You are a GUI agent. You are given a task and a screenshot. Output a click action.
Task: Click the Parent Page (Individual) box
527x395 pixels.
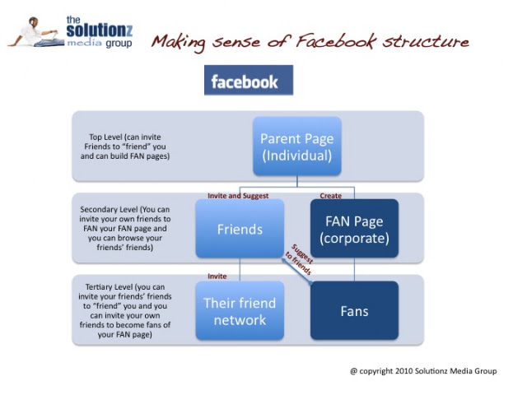pos(297,146)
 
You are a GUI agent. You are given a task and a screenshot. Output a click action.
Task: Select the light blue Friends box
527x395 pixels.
pos(240,229)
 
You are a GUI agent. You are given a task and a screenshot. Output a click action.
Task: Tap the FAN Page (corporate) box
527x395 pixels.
pos(354,229)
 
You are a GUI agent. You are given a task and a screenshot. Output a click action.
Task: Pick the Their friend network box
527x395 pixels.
pos(240,311)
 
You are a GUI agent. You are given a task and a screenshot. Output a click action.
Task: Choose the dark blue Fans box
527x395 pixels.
pos(354,311)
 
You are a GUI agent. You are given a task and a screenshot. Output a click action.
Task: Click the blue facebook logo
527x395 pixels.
pos(249,81)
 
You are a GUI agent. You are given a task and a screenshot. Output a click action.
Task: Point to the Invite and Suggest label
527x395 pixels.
pos(238,196)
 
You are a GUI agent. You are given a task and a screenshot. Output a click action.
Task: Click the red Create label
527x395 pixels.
pos(331,196)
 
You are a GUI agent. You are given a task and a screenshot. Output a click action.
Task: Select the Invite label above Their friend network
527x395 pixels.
pos(217,276)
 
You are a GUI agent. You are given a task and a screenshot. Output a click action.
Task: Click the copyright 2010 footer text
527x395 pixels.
pos(423,371)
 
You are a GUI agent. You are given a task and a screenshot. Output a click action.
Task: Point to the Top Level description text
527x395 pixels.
pos(125,146)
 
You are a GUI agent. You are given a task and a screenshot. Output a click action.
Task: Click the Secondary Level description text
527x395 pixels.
pos(125,229)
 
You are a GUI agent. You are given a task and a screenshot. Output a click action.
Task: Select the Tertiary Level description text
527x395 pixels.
pos(125,311)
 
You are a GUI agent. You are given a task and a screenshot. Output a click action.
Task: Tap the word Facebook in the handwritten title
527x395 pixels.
pos(335,41)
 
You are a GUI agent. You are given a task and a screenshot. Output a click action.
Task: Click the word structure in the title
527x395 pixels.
pos(426,41)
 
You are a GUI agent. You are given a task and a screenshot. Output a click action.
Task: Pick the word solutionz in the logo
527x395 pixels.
pos(100,30)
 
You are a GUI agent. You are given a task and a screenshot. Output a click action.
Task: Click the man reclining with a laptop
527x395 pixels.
pos(36,32)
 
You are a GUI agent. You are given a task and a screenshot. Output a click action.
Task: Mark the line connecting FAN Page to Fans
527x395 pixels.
pos(354,270)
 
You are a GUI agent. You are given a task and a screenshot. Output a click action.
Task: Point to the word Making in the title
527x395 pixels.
pos(179,43)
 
